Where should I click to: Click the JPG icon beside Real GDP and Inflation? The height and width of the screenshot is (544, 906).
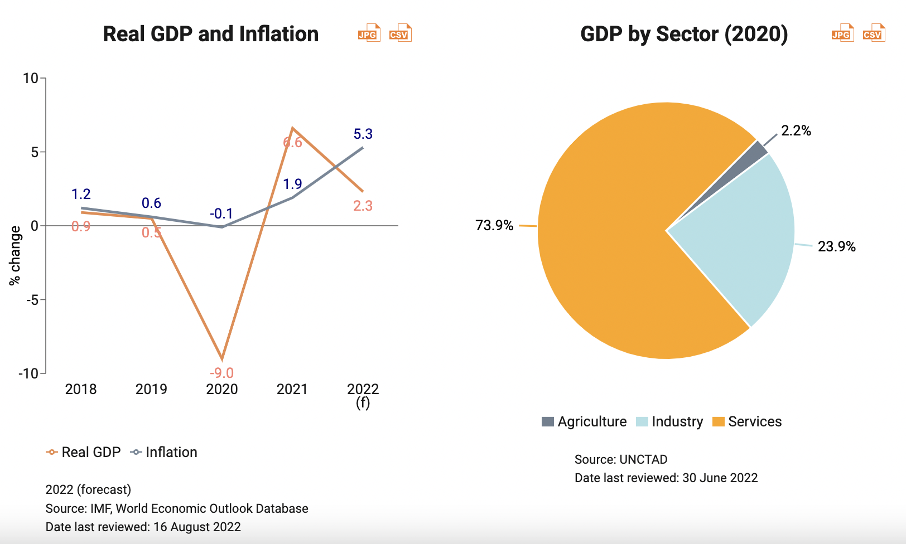pyautogui.click(x=369, y=33)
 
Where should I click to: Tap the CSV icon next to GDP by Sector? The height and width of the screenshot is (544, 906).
pyautogui.click(x=874, y=33)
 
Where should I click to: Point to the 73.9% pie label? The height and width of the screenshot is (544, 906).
pyautogui.click(x=494, y=225)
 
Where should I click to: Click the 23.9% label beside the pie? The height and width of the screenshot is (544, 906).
pyautogui.click(x=836, y=246)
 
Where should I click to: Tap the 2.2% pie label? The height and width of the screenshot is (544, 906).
pyautogui.click(x=796, y=130)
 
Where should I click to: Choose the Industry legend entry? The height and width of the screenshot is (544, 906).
pyautogui.click(x=669, y=421)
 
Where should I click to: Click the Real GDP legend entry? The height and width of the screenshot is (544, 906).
pyautogui.click(x=84, y=452)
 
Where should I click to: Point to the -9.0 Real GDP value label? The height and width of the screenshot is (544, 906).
pyautogui.click(x=221, y=373)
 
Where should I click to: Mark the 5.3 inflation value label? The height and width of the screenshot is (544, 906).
pyautogui.click(x=363, y=134)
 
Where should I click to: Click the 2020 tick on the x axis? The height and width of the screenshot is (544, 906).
pyautogui.click(x=221, y=389)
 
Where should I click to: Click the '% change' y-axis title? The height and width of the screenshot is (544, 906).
pyautogui.click(x=15, y=255)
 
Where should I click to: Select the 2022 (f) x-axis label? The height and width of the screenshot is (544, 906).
pyautogui.click(x=363, y=395)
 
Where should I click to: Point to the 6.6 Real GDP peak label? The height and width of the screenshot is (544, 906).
pyautogui.click(x=292, y=143)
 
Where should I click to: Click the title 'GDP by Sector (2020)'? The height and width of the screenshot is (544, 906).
pyautogui.click(x=684, y=34)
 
